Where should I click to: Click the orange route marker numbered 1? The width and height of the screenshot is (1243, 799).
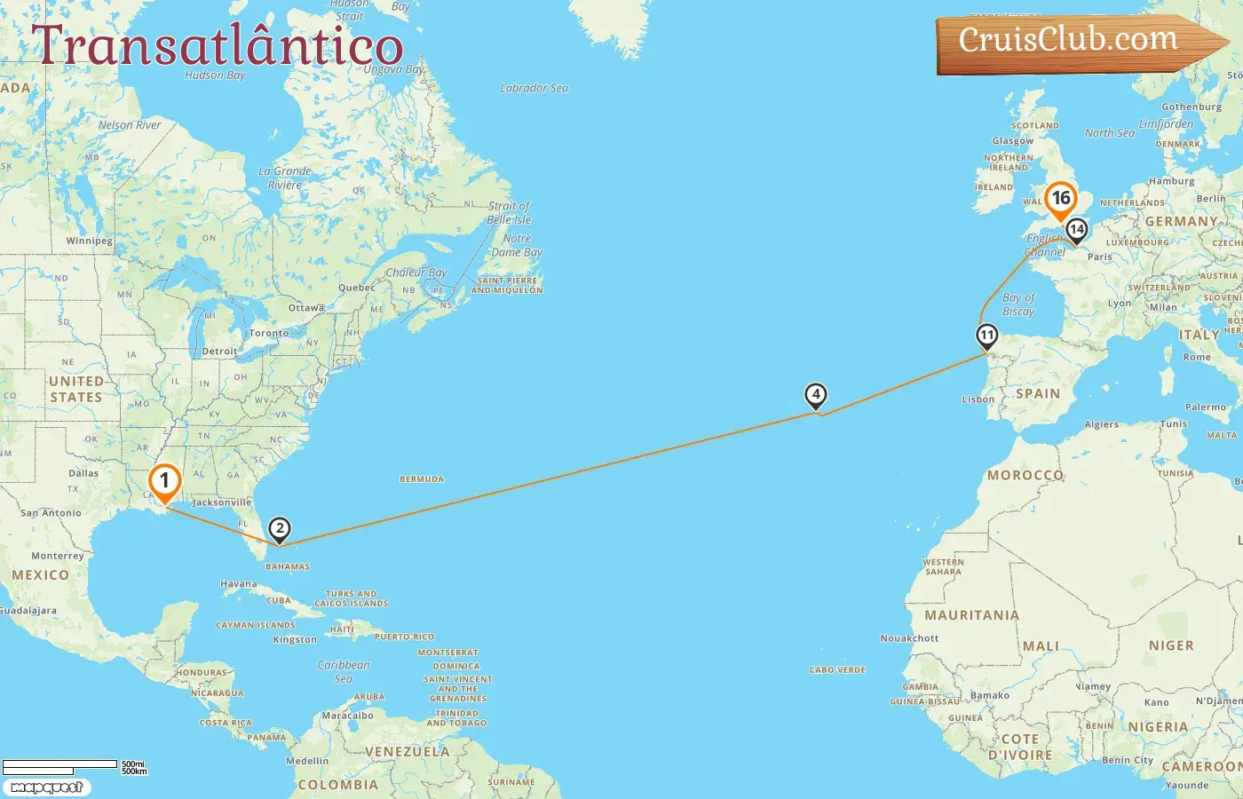coord(164,482)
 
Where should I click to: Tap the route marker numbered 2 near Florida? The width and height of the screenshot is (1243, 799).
coord(280,530)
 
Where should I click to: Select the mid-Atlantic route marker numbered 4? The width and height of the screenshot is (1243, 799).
coord(815,395)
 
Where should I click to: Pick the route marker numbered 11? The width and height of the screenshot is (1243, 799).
coord(986,336)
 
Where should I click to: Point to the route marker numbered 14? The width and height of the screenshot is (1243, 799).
coord(1076,230)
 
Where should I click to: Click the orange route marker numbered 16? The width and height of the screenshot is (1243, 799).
coord(1060,199)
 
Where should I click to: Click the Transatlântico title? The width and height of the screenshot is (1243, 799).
coord(218,46)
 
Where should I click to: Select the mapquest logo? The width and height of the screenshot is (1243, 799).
coord(46,787)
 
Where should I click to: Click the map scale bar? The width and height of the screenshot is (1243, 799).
coord(60,764)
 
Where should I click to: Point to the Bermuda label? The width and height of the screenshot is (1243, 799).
coord(422,479)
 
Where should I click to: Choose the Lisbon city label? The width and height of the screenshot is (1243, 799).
coord(978,399)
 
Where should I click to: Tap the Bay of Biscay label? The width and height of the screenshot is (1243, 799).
coord(1018,305)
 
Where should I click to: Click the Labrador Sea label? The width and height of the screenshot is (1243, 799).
coord(534,88)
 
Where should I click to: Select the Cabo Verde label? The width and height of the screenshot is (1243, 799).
coord(837,670)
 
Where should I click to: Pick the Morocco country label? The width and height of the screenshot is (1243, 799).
coord(1025,475)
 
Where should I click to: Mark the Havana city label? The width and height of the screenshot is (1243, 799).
coord(238,584)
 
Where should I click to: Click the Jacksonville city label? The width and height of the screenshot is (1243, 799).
coord(222,502)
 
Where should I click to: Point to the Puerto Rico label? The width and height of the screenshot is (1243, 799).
coord(405,637)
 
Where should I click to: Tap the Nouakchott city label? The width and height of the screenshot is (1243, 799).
coord(909,638)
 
